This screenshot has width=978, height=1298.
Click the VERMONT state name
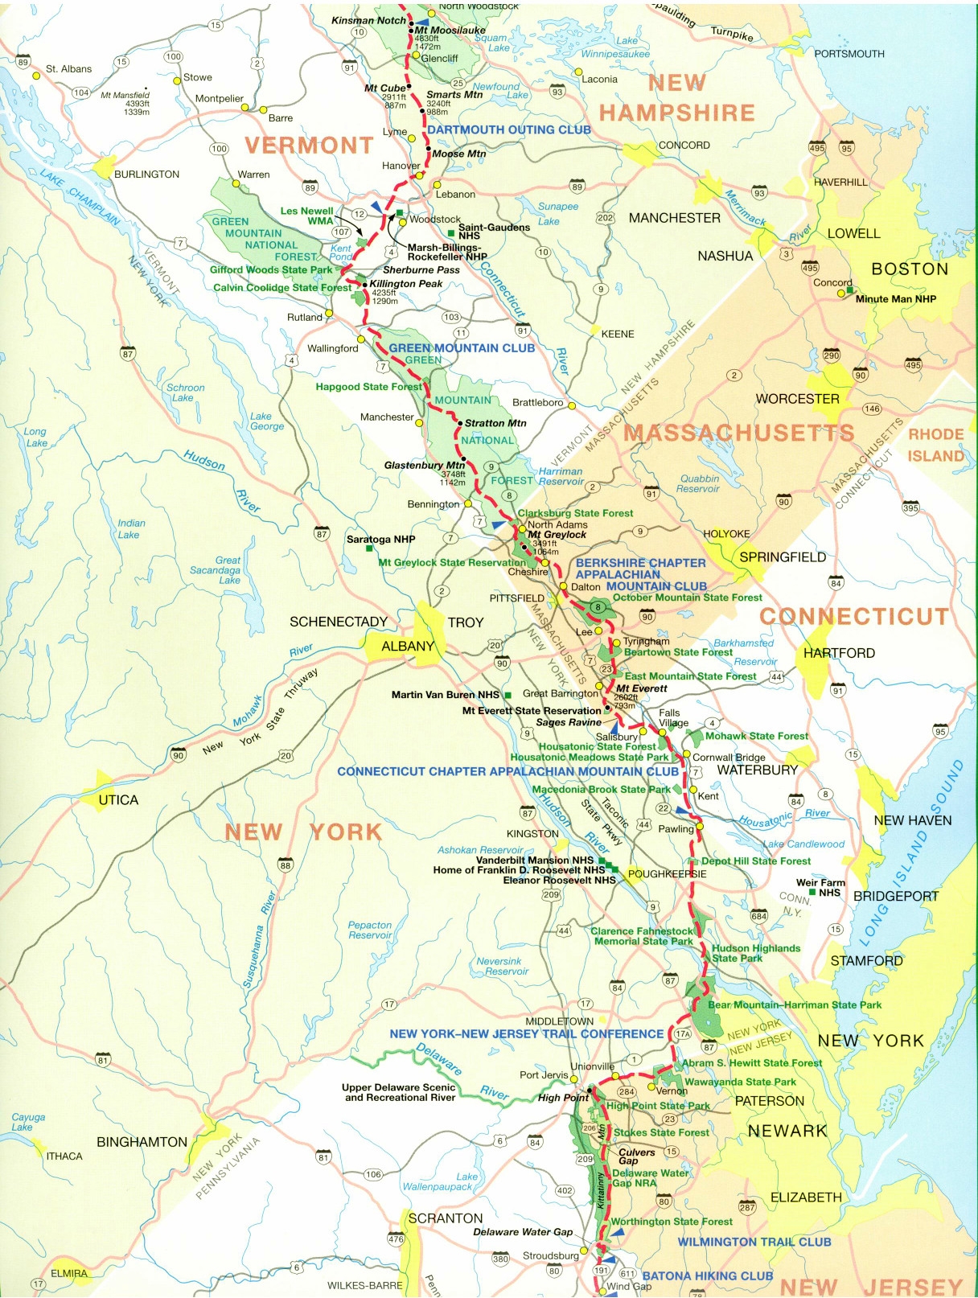point(309,146)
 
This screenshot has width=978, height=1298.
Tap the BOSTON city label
point(910,269)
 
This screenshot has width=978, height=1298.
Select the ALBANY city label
point(407,647)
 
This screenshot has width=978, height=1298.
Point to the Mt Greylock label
point(557,535)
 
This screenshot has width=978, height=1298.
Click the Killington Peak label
point(405,284)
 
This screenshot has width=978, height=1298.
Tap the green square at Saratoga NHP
point(369,548)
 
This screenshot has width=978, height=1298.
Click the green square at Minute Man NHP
point(849,290)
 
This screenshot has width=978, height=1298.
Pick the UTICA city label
point(118,800)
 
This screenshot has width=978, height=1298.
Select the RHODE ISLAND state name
point(935,445)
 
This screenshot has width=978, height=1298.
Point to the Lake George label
point(266,421)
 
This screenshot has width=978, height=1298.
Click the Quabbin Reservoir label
point(698,483)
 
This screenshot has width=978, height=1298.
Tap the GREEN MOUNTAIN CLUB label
point(461,348)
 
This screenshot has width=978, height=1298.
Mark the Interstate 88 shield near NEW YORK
point(286,865)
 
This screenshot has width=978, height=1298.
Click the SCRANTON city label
point(445,1218)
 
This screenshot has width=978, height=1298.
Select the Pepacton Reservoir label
point(370,930)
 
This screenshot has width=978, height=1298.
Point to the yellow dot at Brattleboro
point(571,405)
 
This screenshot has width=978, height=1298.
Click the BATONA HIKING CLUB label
point(707,1275)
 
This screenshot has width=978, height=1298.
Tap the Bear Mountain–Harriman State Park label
point(794,1005)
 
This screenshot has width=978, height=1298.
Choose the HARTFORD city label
point(838,653)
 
